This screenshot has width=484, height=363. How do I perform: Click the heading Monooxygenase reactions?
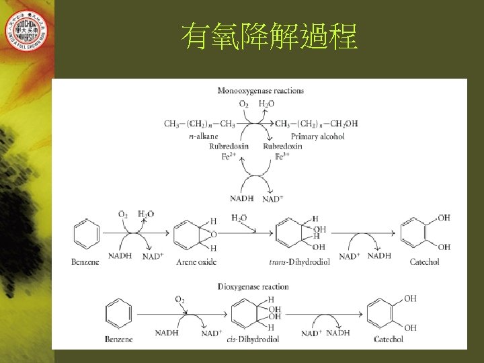260,91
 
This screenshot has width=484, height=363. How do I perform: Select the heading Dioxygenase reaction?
253,287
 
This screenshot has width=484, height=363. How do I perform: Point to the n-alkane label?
203,136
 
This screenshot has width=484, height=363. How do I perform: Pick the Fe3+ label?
283,157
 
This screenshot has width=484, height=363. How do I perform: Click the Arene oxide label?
196,262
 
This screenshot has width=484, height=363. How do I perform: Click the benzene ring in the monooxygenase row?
86,233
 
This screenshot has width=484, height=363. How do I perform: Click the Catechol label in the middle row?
424,262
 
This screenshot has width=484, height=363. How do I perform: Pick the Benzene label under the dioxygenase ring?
119,339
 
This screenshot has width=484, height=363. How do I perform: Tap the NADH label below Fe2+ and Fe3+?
241,199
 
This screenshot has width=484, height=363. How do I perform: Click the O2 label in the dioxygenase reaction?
180,299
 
